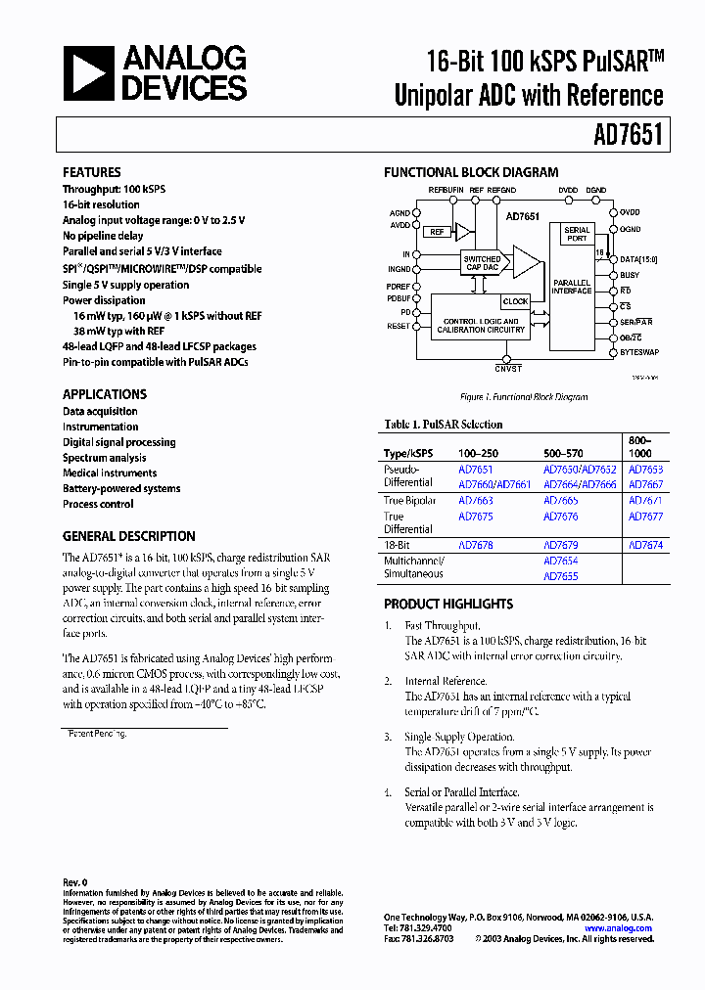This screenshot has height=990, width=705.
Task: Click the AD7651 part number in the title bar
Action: pyautogui.click(x=628, y=134)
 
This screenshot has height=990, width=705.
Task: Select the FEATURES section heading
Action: pyautogui.click(x=92, y=172)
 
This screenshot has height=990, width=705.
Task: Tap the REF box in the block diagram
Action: pyautogui.click(x=436, y=232)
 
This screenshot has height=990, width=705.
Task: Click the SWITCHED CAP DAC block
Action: pyautogui.click(x=482, y=264)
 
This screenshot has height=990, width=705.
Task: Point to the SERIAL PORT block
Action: pyautogui.click(x=578, y=234)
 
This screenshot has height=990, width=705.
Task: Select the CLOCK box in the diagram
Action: pyautogui.click(x=515, y=301)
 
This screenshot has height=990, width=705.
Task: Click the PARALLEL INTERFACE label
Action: pyautogui.click(x=572, y=287)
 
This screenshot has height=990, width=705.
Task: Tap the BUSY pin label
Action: pyautogui.click(x=630, y=275)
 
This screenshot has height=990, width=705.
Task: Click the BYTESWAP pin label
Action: pyautogui.click(x=639, y=351)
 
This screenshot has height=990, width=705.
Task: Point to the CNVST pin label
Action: pyautogui.click(x=508, y=368)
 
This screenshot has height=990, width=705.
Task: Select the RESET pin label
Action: pyautogui.click(x=399, y=327)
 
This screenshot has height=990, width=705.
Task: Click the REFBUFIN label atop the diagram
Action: pyautogui.click(x=446, y=190)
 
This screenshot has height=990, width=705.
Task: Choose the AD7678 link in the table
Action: pyautogui.click(x=476, y=545)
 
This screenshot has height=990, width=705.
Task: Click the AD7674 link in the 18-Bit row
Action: pyautogui.click(x=645, y=545)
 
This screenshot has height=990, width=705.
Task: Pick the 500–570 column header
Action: pyautogui.click(x=563, y=454)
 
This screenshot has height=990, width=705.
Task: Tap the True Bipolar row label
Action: pyautogui.click(x=410, y=501)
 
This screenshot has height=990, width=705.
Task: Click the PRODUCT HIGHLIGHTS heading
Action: pyautogui.click(x=447, y=604)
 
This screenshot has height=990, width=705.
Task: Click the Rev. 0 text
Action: pyautogui.click(x=74, y=882)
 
